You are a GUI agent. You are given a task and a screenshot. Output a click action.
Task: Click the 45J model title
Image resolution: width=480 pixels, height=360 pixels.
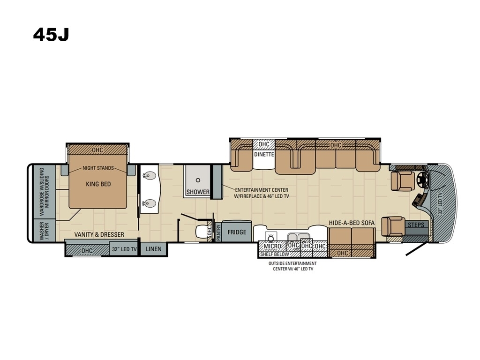tap(51, 35)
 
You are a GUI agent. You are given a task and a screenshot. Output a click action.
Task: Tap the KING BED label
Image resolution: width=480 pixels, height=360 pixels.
tap(98, 184)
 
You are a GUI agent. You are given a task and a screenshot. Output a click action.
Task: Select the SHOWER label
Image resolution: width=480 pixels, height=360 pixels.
tap(198, 192)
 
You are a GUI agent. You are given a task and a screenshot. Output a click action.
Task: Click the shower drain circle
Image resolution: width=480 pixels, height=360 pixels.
tap(198, 180)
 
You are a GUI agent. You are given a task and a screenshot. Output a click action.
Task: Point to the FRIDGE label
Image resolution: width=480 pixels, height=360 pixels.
tap(237, 232)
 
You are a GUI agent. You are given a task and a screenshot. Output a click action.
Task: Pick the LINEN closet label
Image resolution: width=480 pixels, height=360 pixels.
tap(153, 249)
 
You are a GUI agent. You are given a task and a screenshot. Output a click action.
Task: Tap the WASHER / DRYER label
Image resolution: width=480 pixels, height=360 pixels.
tap(44, 231)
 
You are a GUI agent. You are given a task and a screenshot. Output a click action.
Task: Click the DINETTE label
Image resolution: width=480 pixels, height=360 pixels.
tap(264, 154)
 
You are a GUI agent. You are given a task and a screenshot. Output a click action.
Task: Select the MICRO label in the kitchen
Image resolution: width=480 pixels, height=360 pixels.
tap(272, 246)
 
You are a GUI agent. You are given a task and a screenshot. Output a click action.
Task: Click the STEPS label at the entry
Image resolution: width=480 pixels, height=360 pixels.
tap(416, 225)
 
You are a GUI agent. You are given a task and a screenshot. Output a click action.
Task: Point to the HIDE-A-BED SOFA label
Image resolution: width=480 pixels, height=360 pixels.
tap(352, 223)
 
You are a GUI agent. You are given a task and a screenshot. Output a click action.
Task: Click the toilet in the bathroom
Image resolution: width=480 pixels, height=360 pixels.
tap(201, 231)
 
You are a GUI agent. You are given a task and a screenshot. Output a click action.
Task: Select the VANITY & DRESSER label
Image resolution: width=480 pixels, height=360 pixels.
tap(99, 234)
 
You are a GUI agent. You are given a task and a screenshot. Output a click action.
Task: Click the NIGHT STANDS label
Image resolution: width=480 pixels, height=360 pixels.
tap(98, 168)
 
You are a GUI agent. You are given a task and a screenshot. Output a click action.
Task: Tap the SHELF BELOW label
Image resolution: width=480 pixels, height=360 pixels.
tap(275, 254)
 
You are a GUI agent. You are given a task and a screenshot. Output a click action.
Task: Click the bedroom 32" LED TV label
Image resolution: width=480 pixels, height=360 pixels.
tap(124, 249)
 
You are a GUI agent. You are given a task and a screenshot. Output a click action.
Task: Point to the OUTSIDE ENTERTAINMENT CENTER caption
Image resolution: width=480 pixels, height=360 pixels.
tap(292, 266)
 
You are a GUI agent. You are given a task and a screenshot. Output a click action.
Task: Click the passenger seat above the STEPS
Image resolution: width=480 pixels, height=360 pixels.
tap(393, 226)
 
